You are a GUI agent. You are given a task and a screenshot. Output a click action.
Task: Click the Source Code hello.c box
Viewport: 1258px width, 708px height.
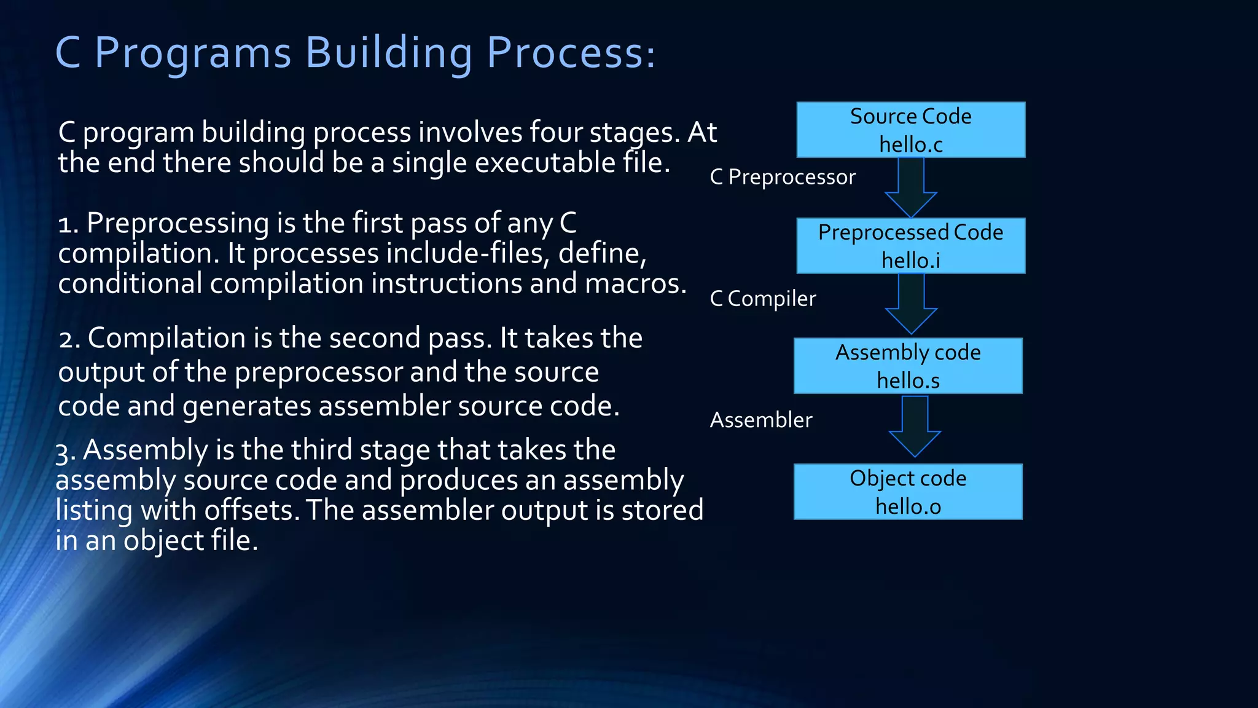pos(910,130)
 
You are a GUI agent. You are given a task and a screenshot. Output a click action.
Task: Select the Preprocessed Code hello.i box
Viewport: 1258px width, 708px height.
pos(910,246)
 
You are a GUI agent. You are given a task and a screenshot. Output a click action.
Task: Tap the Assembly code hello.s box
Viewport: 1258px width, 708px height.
pos(908,366)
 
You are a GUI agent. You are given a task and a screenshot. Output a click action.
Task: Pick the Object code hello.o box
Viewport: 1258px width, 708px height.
pos(908,492)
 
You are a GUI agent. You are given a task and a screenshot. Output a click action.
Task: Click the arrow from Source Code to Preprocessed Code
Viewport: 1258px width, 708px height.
pos(911,186)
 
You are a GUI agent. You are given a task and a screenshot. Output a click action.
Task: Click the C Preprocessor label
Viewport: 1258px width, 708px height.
pos(783,177)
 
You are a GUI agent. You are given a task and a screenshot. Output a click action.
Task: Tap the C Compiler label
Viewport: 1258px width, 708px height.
pos(763,299)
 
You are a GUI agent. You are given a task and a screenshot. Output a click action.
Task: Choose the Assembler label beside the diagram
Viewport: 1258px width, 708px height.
pos(761,420)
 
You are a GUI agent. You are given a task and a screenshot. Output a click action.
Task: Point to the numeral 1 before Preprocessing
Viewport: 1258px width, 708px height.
pos(64,224)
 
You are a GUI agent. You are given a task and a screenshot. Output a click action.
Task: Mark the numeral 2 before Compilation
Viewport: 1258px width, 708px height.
pos(66,339)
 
